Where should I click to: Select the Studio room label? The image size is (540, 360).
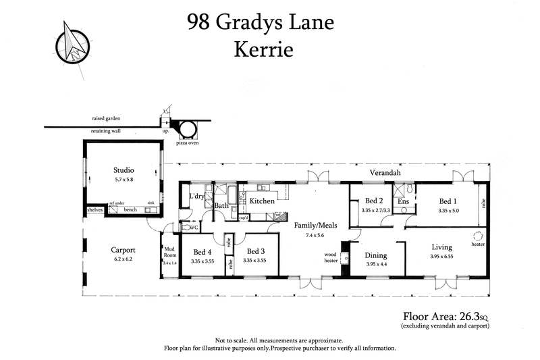coord(124,170)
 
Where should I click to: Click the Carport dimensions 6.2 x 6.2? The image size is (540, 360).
coord(124,259)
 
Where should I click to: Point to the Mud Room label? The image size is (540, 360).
coord(170,252)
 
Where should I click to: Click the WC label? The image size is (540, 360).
coord(193,228)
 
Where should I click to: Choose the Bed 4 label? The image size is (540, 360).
coord(202,251)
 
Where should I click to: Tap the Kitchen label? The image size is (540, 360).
coord(262,201)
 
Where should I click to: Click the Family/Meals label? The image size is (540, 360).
coord(315,225)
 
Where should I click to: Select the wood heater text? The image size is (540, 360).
coord(331,257)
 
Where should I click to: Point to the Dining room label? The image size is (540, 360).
coord(376,256)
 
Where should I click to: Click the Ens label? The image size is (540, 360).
coord(403,201)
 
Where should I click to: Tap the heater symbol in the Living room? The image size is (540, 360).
coord(477,236)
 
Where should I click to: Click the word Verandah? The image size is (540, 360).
coord(385,174)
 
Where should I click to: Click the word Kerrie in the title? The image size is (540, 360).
coord(260,49)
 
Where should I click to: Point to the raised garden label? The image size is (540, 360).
coord(106,118)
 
